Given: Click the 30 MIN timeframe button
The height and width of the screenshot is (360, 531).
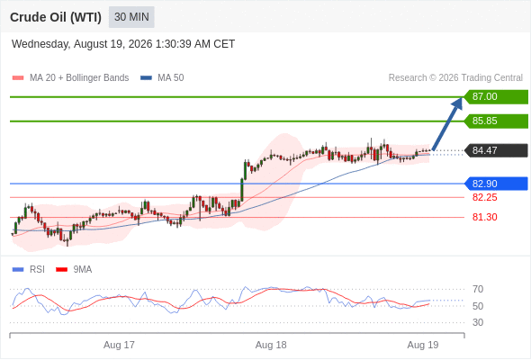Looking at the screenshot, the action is tap(131, 17).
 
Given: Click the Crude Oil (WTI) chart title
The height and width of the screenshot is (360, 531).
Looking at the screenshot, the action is tap(56, 17).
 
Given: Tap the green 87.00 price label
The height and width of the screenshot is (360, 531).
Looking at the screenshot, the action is tap(496, 97).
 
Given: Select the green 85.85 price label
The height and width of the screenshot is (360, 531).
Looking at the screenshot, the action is tap(496, 121).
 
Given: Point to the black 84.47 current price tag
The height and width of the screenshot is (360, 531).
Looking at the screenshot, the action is tap(496, 150).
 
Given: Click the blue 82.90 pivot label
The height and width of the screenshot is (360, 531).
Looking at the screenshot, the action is tap(496, 184).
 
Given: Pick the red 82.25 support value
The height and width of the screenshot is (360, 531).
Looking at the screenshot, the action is tap(484, 197).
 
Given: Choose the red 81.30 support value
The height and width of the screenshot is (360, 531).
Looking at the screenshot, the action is tap(484, 217).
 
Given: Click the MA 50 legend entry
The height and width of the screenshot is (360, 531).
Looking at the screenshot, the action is tap(162, 78).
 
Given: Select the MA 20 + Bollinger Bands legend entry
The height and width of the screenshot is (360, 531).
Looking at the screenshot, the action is tap(70, 78).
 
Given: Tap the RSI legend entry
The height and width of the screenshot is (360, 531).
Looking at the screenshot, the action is tap(29, 270).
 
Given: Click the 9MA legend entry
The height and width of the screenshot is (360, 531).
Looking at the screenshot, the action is tap(74, 270).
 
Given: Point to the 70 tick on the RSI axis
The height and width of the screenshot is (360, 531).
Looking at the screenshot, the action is tap(478, 289).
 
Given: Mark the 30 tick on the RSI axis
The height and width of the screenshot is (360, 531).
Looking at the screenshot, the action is tap(478, 322).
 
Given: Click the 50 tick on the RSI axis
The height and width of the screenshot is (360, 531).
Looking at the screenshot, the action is tap(478, 306).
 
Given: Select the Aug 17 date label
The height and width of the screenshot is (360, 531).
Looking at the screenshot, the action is tap(119, 345).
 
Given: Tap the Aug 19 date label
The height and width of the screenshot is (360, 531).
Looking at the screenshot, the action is tap(423, 345).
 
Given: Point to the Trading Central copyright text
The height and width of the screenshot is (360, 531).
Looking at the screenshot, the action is tap(455, 78).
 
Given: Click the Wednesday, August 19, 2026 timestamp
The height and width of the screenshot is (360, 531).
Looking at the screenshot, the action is tap(123, 44).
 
